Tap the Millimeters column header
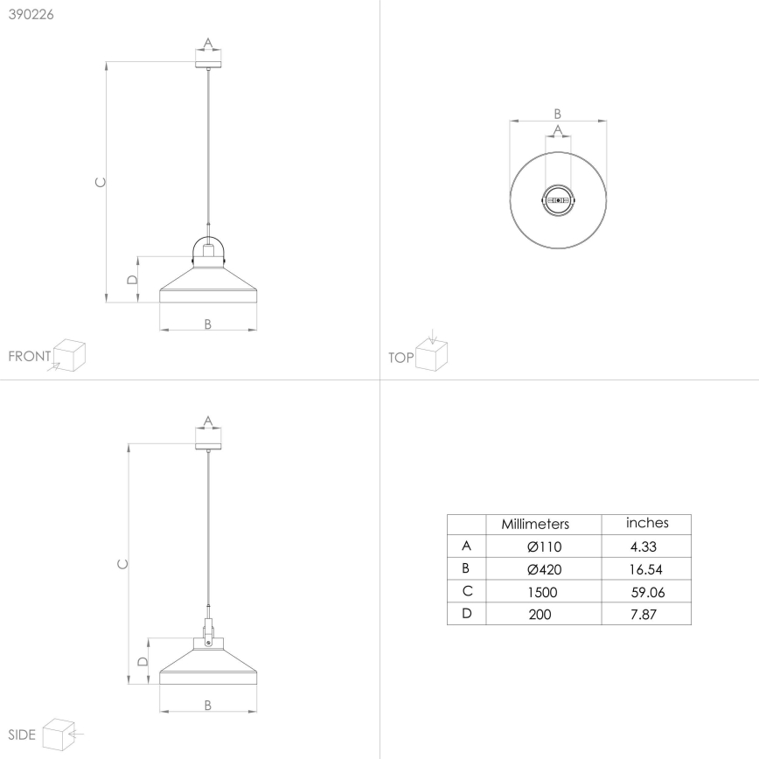tap(535, 525)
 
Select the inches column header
tap(647, 523)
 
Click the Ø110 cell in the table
tap(544, 547)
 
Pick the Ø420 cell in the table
tap(544, 569)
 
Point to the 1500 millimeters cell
tap(542, 592)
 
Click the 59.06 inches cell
tap(647, 592)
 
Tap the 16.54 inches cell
tap(647, 569)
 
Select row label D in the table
tap(467, 614)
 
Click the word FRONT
tap(30, 357)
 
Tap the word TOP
tap(400, 358)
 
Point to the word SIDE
tap(22, 735)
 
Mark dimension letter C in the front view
tap(101, 182)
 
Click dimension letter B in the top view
tap(558, 113)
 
